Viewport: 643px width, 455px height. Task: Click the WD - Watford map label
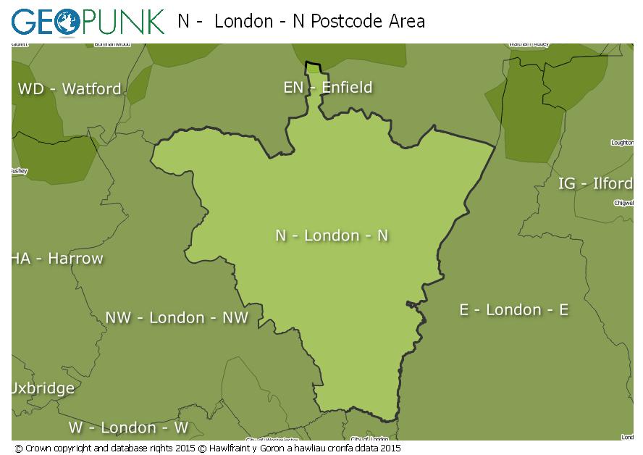(70, 89)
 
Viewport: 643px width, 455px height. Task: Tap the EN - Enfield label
(328, 88)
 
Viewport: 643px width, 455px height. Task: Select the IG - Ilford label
(595, 183)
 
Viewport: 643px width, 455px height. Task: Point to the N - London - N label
(332, 235)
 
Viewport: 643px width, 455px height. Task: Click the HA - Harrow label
(57, 258)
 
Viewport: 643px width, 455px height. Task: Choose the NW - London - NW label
(177, 317)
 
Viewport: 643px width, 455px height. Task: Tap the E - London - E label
(513, 310)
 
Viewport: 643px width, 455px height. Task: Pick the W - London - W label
(128, 427)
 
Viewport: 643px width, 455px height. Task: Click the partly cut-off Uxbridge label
(43, 388)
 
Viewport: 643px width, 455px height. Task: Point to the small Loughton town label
(622, 143)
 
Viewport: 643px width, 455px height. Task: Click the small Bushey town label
(18, 171)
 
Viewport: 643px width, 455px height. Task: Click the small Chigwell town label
(623, 204)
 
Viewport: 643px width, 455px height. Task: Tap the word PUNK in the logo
(122, 22)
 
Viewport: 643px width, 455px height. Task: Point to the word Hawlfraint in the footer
(231, 448)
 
